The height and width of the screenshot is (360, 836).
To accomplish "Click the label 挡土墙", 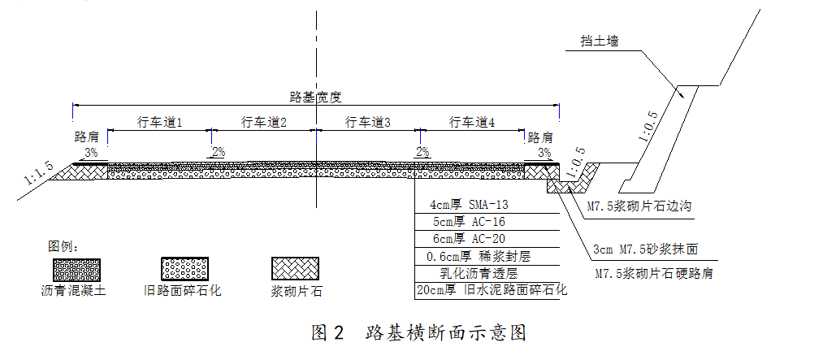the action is (x=600, y=41).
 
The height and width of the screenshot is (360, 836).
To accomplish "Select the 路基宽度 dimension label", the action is (x=315, y=97).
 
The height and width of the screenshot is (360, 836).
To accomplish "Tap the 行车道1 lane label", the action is (x=160, y=122).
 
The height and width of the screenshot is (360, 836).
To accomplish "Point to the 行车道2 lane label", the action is (x=264, y=122).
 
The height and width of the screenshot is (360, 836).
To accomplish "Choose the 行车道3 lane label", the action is (x=368, y=122).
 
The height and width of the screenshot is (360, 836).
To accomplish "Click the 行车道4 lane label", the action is (x=472, y=122).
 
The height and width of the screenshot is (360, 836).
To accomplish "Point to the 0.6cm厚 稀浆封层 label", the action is (x=479, y=257).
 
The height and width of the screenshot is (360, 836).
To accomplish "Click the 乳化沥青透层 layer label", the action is (x=479, y=274).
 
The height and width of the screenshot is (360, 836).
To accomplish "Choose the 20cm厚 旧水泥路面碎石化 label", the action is (x=492, y=291).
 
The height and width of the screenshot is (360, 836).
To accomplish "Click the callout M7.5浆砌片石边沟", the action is (x=639, y=206).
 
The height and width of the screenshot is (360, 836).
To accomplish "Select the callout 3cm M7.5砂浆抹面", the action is (x=645, y=249).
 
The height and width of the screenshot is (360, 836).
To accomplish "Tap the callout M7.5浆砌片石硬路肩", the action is (x=654, y=275).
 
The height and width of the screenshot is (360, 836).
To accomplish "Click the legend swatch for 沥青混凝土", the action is (x=76, y=270).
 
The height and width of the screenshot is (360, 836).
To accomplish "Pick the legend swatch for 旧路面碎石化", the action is (x=185, y=269).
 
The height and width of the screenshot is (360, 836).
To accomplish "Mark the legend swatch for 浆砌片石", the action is (x=296, y=269).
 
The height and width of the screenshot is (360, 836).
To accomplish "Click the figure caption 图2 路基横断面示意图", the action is (x=418, y=332).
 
